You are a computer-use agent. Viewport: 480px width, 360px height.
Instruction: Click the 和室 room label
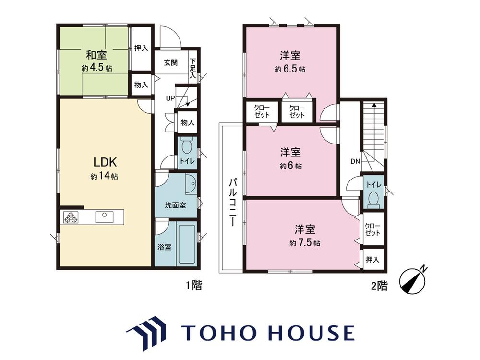click(96, 55)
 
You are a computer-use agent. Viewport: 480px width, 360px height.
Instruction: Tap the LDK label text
click(105, 162)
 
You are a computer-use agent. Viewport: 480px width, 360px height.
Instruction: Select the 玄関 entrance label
click(171, 63)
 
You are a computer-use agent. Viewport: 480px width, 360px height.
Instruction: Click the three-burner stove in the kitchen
click(71, 217)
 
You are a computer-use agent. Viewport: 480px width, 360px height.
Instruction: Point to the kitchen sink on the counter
click(104, 217)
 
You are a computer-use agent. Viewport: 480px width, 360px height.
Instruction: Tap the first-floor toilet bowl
click(186, 147)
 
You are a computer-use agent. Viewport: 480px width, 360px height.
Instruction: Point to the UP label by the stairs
click(170, 98)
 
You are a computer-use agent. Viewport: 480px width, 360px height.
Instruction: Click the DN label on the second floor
click(355, 161)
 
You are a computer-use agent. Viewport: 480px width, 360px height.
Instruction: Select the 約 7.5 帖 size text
click(305, 243)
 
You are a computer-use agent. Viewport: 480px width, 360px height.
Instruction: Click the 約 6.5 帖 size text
click(290, 69)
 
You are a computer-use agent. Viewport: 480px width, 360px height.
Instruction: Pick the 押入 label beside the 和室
click(141, 48)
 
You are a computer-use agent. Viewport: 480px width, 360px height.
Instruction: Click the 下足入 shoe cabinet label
click(192, 69)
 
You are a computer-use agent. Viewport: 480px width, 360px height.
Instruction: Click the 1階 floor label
click(194, 286)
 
